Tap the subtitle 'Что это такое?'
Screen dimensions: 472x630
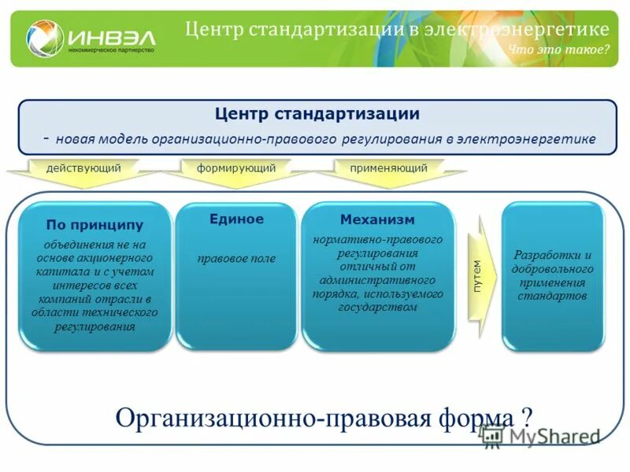[558, 50]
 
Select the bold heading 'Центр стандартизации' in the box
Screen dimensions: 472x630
[317, 114]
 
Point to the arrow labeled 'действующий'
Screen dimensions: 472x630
[83, 168]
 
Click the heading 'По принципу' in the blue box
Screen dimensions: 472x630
[94, 225]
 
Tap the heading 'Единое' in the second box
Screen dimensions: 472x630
[236, 219]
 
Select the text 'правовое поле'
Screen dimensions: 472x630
[236, 258]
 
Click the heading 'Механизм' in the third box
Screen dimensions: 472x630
[377, 219]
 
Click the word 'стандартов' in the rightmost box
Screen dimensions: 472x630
[552, 296]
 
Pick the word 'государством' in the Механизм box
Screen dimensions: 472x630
[377, 307]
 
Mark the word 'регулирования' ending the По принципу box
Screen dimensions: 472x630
[94, 326]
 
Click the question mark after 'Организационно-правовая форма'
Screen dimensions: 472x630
[526, 415]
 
